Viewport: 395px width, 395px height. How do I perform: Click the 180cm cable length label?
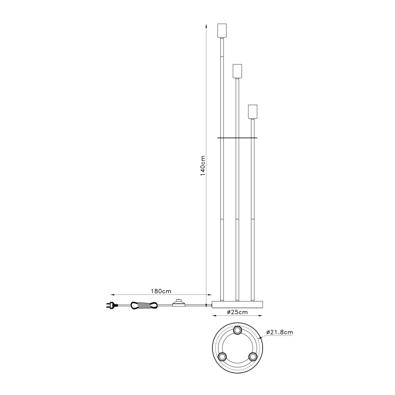(160, 291)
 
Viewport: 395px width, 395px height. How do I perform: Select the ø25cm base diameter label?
(237, 312)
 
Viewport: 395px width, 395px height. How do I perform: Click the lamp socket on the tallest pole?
(222, 30)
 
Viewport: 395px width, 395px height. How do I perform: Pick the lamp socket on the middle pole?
(237, 71)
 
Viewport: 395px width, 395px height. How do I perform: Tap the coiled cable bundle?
(144, 305)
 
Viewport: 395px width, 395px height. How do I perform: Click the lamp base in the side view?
(237, 304)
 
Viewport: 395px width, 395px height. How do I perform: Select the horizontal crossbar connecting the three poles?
(237, 137)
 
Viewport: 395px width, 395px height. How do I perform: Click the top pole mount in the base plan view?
(237, 329)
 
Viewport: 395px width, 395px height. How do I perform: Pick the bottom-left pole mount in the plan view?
(222, 356)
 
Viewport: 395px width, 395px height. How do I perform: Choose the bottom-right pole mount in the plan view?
(252, 356)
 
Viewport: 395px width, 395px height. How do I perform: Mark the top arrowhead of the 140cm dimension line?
(208, 25)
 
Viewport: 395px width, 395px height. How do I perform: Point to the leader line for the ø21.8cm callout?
(261, 336)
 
